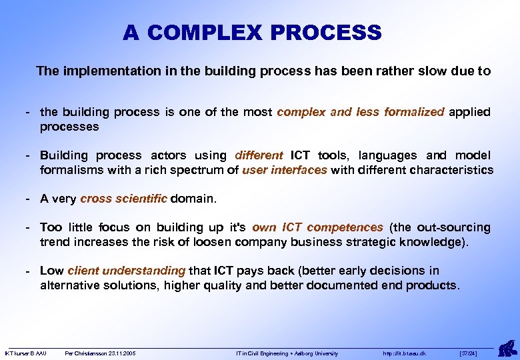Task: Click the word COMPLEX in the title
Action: [x=204, y=33]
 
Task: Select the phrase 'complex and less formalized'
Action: [x=360, y=112]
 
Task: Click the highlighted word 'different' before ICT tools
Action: [x=259, y=155]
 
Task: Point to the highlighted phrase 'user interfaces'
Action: [x=285, y=170]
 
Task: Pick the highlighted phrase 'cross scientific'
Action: [x=124, y=199]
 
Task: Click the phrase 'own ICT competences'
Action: [x=326, y=227]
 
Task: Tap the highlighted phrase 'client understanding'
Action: [x=126, y=271]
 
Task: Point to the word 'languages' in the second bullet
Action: [x=387, y=155]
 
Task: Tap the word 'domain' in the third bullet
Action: [x=193, y=199]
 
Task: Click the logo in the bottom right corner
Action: [x=506, y=347]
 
